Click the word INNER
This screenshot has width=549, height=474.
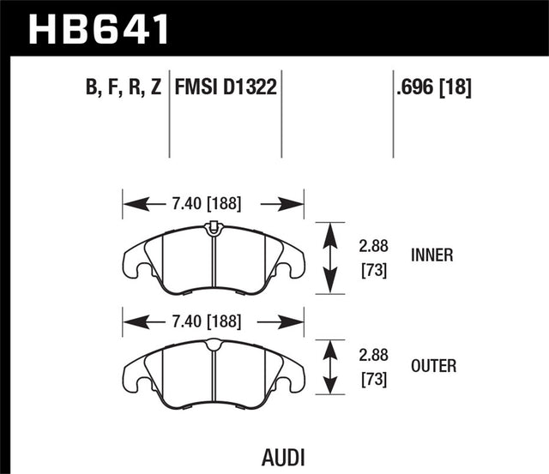(433, 255)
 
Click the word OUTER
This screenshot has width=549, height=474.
(434, 366)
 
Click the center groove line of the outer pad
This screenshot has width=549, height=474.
(214, 369)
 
